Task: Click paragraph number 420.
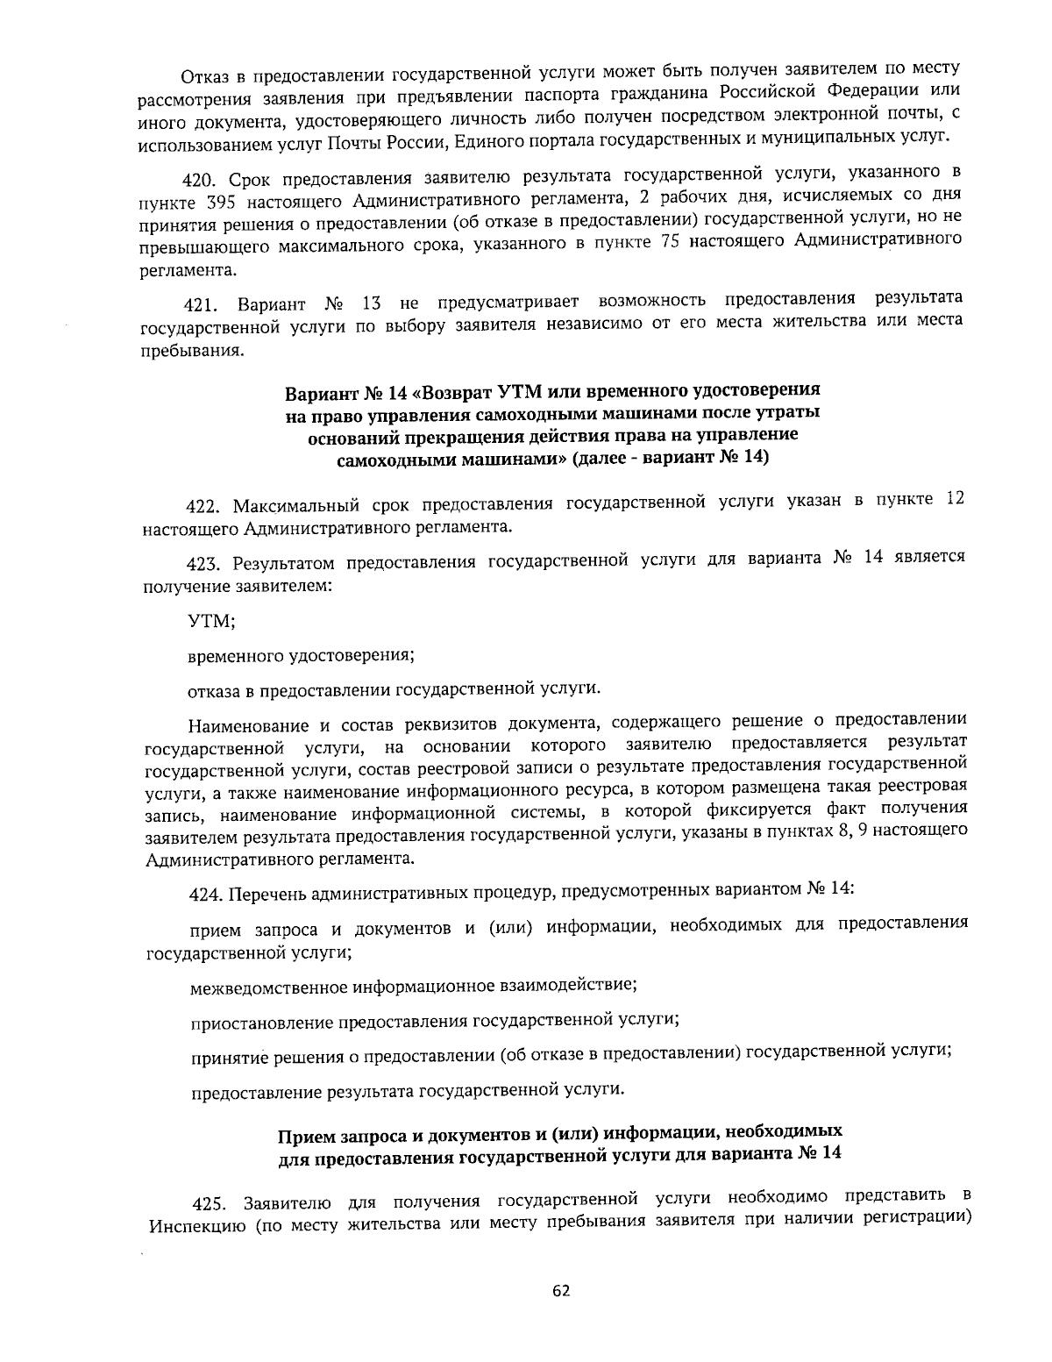coord(201,181)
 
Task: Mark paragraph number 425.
coord(210,1202)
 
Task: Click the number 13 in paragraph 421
coord(371,303)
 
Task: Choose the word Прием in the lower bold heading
coord(302,1137)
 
